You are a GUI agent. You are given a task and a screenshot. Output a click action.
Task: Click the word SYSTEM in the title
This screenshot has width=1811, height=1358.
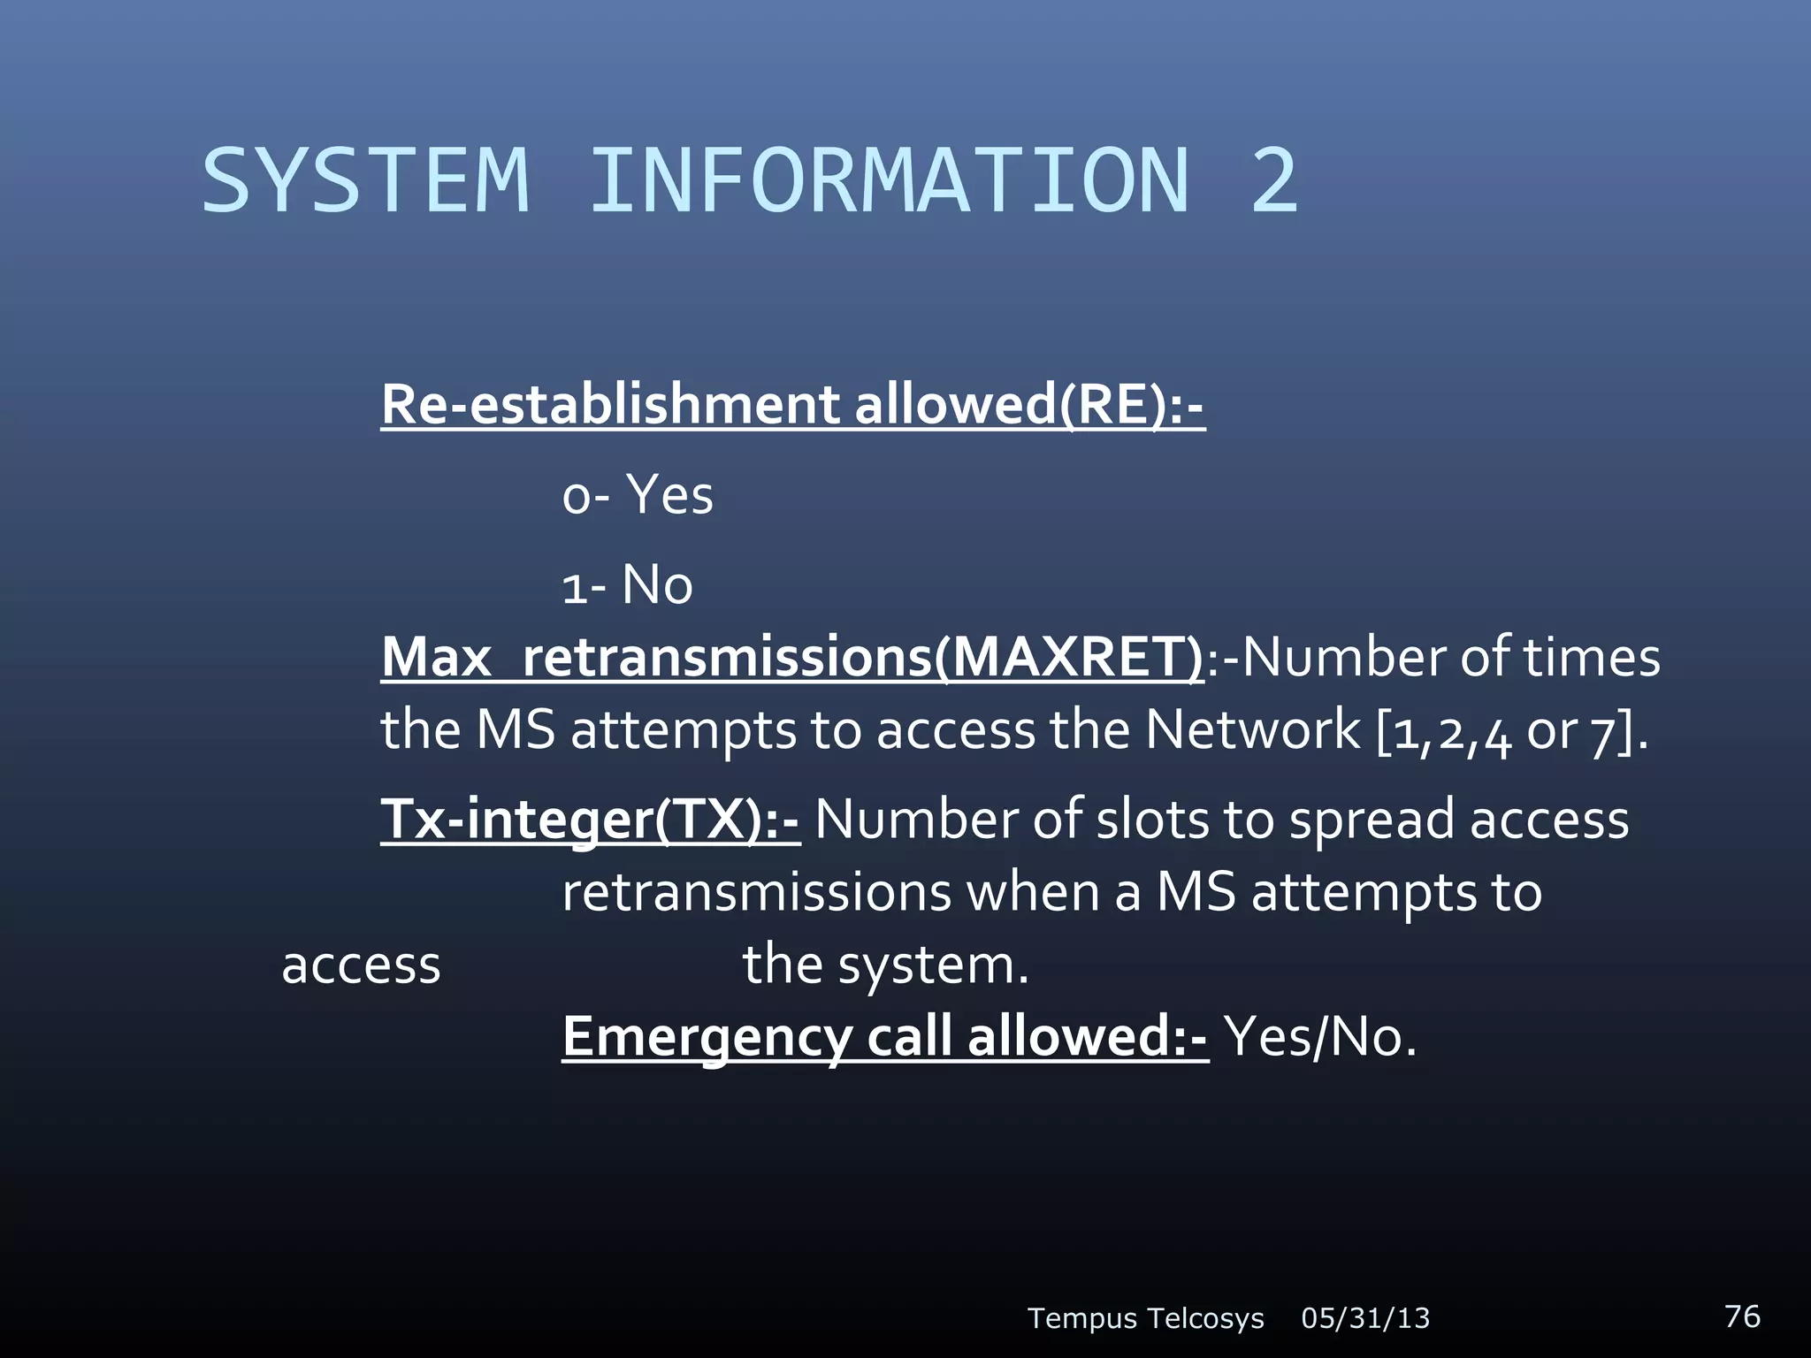(365, 181)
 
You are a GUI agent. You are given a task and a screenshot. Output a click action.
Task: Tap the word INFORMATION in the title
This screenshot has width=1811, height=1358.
(890, 181)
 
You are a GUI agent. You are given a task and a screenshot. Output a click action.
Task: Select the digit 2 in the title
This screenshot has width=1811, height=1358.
(1273, 181)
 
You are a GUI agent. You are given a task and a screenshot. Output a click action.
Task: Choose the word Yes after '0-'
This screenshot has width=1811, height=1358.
(669, 495)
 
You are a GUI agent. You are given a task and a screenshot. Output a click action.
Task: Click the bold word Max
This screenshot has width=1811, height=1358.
(436, 659)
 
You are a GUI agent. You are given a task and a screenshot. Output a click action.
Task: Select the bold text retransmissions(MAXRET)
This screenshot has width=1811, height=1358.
(863, 659)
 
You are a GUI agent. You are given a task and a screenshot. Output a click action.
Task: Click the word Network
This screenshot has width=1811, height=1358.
(1252, 731)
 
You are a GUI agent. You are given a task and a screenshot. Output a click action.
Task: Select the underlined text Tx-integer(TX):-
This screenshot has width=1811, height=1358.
(590, 820)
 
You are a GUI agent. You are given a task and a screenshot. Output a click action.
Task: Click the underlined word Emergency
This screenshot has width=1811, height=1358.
(707, 1037)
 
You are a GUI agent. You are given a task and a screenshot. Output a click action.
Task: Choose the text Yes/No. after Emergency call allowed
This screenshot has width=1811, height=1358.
(1320, 1037)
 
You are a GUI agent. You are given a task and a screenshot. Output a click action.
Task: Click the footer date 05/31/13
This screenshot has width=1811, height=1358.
(1365, 1318)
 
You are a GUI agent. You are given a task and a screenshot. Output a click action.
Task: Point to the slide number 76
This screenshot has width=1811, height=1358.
(1742, 1316)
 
